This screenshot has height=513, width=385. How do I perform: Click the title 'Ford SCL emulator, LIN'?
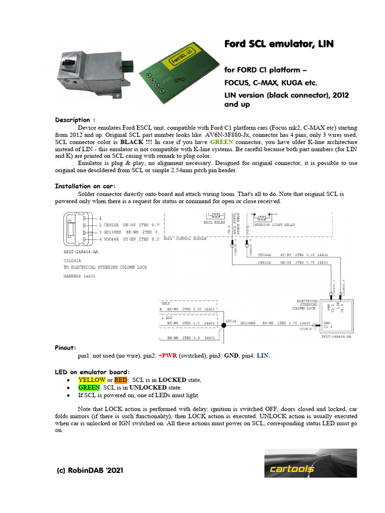(x=278, y=45)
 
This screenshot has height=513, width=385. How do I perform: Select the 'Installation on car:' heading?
(x=85, y=186)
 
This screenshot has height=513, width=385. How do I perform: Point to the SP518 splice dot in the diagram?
(x=224, y=325)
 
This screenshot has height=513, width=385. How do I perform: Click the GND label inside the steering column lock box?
(x=327, y=323)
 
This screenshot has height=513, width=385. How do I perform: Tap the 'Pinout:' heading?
(x=66, y=347)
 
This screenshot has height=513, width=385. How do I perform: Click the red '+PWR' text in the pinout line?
(x=168, y=355)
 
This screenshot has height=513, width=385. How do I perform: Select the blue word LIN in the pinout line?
(x=263, y=355)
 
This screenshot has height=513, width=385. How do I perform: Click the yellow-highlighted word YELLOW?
(x=91, y=380)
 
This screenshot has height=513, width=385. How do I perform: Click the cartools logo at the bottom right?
(x=310, y=463)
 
